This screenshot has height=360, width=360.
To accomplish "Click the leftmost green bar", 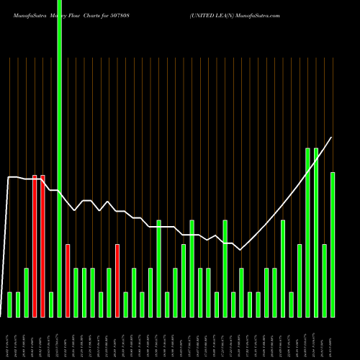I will [10, 304].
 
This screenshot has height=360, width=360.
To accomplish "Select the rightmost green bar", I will [333, 245].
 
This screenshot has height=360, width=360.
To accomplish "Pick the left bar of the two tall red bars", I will [35, 246].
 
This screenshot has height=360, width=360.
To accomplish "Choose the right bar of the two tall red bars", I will [42, 246].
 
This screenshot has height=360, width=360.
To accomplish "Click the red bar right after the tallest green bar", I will [68, 281].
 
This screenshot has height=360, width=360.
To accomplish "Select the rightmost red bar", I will [117, 281].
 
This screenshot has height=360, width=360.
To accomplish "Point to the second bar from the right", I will [325, 281].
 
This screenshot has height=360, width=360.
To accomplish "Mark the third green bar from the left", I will [27, 292].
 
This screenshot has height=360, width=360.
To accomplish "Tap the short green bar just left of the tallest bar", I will [51, 304].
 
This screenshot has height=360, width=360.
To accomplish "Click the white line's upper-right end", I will [332, 138].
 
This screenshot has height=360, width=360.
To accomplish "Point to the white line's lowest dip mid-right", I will [241, 249].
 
